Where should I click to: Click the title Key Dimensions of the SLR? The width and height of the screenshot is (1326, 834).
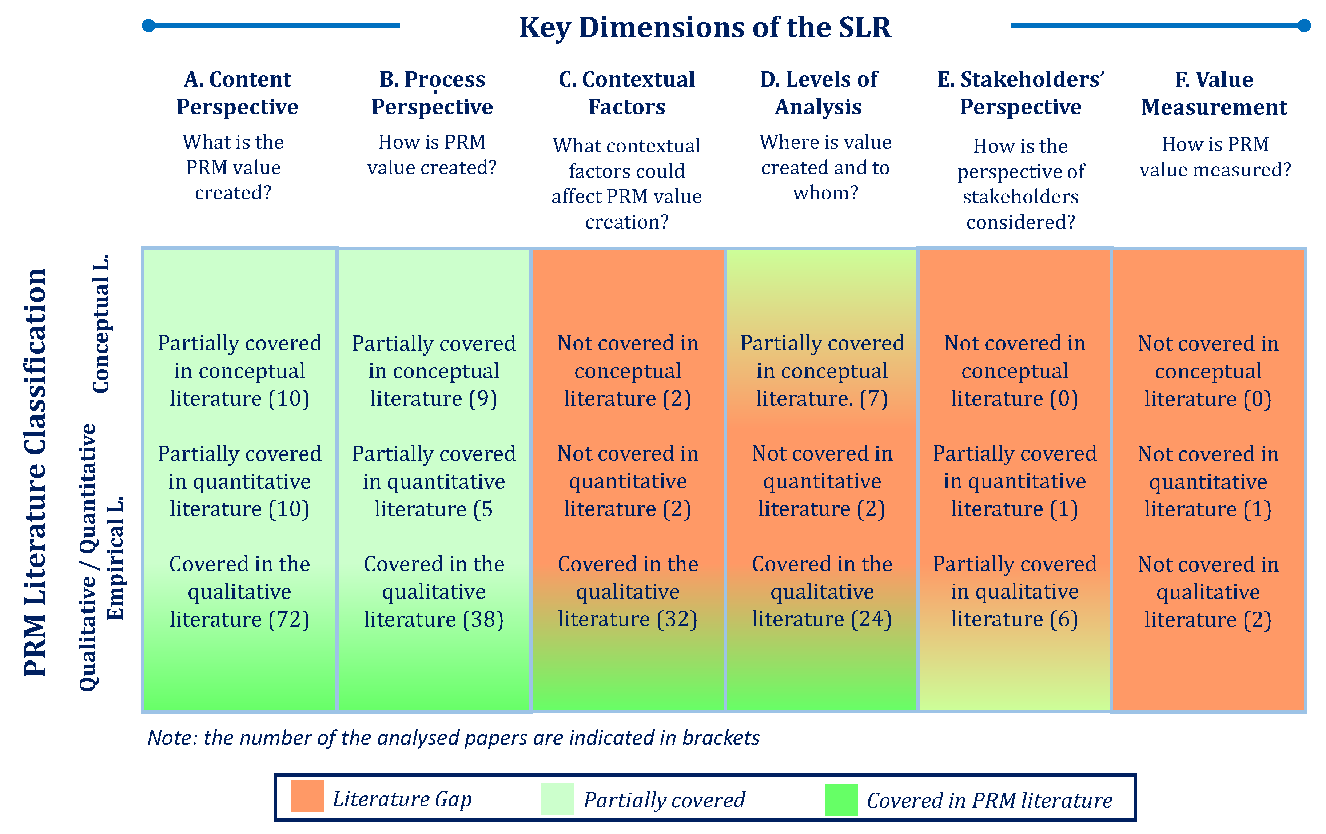(705, 28)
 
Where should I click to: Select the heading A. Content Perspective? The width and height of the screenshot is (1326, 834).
(237, 92)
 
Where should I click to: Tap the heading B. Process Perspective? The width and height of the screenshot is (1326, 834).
(432, 92)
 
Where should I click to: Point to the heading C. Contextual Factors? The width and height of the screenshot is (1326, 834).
(627, 92)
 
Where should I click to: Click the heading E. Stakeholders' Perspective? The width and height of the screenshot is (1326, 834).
(1021, 92)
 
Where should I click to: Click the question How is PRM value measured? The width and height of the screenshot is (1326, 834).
(1215, 157)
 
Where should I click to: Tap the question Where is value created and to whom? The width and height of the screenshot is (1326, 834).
(825, 167)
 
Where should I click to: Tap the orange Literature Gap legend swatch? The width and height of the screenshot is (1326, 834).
(307, 796)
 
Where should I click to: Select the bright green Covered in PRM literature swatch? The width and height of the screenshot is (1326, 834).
(841, 800)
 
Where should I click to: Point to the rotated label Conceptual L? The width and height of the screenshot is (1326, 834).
(101, 323)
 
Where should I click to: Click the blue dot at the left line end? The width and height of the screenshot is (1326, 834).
(148, 25)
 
